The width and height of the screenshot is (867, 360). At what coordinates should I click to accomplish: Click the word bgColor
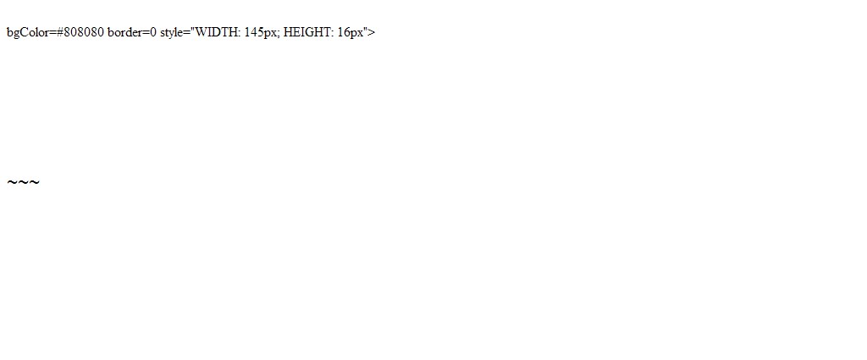click(x=28, y=33)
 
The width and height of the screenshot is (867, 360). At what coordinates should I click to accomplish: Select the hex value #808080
click(x=80, y=32)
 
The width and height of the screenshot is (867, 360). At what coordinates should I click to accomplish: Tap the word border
click(x=125, y=32)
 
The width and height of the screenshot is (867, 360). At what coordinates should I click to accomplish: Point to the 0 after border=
click(x=153, y=32)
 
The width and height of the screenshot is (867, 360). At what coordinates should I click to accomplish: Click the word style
click(x=172, y=33)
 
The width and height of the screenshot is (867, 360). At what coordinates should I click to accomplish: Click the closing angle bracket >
click(x=372, y=33)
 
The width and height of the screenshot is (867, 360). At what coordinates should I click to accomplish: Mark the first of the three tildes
click(x=12, y=182)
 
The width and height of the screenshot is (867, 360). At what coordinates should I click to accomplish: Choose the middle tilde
click(x=23, y=182)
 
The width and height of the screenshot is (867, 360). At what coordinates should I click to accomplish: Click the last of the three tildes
click(x=34, y=182)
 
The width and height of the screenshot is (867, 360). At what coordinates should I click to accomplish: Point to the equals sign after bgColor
click(x=52, y=33)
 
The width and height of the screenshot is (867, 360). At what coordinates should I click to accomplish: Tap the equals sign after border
click(x=146, y=33)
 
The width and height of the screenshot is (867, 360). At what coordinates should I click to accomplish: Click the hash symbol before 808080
click(x=59, y=32)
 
